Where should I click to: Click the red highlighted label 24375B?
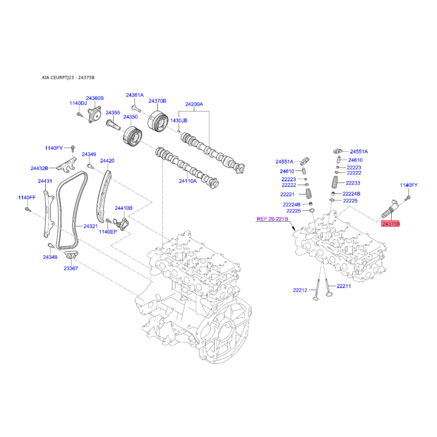[391, 223]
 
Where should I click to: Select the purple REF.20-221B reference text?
[272, 219]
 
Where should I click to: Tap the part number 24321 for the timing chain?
[91, 226]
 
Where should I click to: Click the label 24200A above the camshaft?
[194, 104]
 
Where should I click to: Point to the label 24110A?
[188, 181]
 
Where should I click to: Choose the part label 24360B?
[95, 98]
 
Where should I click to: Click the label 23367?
[71, 268]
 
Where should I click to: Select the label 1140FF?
[27, 198]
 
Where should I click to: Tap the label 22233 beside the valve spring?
[353, 183]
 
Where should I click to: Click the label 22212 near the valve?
[300, 291]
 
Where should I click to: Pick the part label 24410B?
[124, 208]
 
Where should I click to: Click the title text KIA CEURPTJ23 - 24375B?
[68, 78]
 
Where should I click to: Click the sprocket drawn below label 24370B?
[157, 121]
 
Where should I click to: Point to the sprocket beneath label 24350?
[132, 135]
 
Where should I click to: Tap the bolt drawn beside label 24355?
[113, 125]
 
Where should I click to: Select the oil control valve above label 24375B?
[390, 210]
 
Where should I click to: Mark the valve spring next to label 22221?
[309, 193]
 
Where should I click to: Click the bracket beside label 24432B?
[67, 164]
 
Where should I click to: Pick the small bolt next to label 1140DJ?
[79, 114]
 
